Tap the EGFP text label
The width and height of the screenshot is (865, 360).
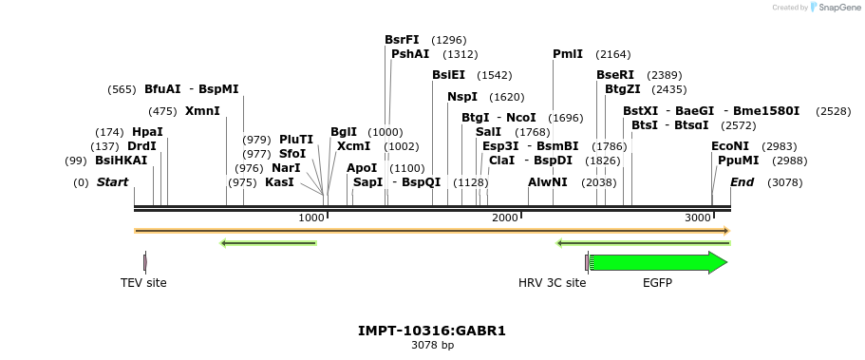[657, 283]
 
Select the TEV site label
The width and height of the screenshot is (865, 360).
[143, 283]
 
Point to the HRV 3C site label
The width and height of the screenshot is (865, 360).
[552, 283]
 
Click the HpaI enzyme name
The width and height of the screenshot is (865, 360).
[147, 131]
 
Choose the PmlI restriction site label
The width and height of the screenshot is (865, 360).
[568, 54]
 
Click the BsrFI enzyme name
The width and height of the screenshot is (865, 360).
[402, 40]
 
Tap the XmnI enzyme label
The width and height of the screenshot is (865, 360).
[202, 111]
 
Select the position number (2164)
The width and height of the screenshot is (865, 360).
[612, 54]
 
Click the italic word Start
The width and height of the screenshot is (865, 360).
[112, 182]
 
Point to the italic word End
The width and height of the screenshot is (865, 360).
[743, 182]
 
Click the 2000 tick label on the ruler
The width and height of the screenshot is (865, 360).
[506, 218]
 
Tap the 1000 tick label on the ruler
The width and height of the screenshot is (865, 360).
[311, 218]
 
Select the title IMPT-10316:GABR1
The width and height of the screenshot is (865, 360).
[432, 332]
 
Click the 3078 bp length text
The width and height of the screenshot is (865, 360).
[432, 346]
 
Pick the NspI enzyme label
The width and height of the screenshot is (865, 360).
[462, 97]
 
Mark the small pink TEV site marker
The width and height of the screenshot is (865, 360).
[144, 262]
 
